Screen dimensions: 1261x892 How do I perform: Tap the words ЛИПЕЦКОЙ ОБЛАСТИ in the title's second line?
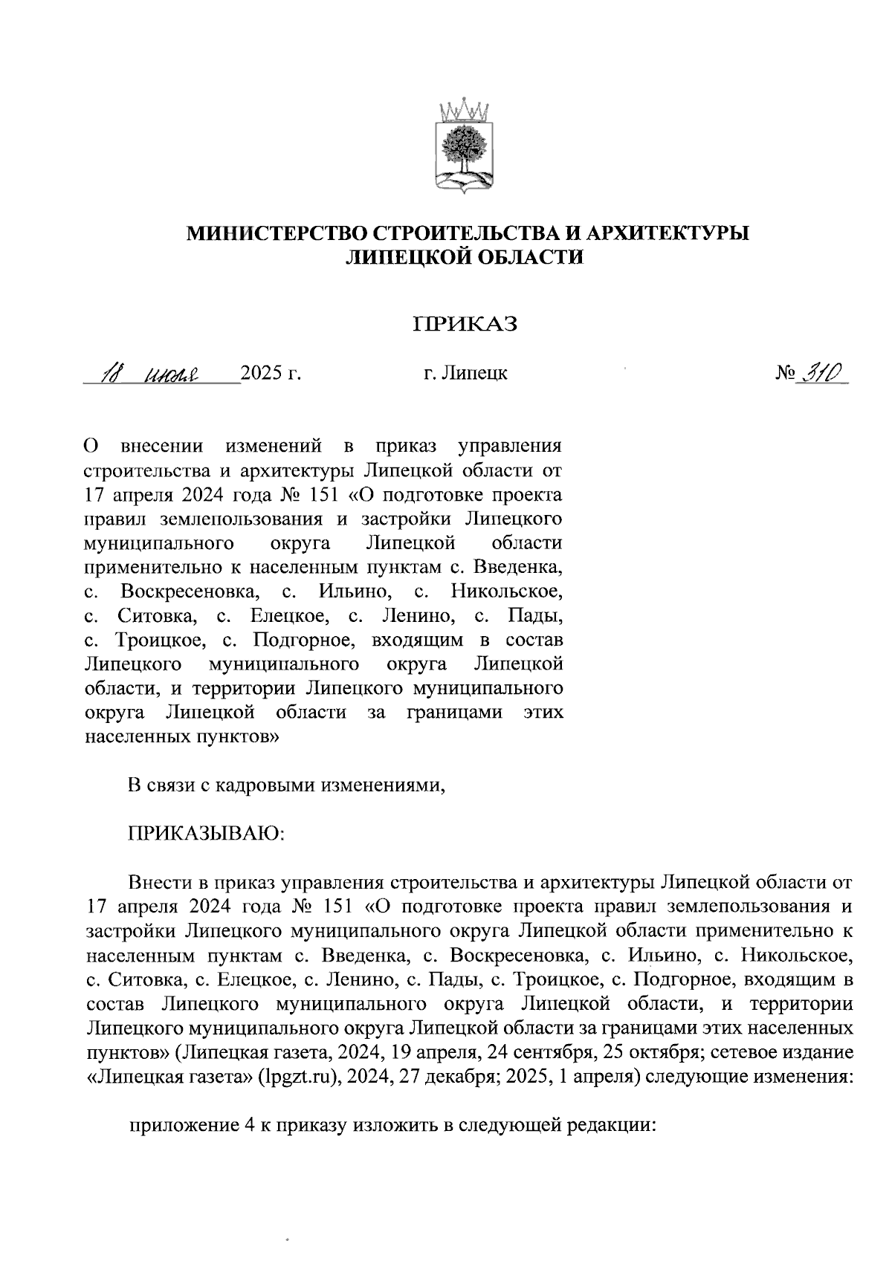pos(466,257)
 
